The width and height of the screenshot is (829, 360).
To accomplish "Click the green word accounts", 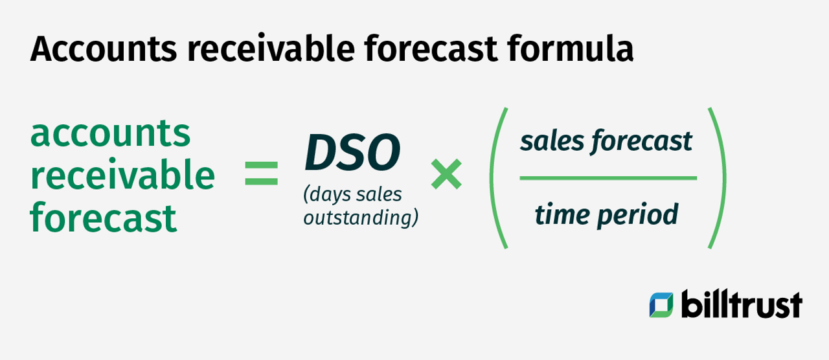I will pos(110,133).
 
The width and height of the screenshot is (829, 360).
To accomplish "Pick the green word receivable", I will pos(122,175).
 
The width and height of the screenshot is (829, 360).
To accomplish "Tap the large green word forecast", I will pos(103,218).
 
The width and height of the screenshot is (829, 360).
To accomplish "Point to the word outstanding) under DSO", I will pos(361,218).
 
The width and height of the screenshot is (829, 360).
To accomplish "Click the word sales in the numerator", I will pos(552,141).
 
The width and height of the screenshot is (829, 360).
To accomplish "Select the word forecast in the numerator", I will pos(642,141).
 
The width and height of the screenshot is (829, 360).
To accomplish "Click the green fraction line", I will pos(608,177).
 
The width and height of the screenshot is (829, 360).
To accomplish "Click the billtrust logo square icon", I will pos(661,305).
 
